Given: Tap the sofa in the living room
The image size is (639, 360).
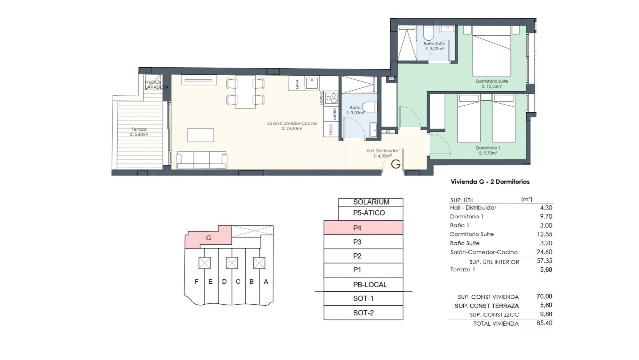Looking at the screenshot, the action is (202, 160).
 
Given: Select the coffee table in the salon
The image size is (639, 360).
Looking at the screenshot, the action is (200, 135).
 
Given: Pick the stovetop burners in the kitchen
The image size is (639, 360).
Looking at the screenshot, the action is (331, 98).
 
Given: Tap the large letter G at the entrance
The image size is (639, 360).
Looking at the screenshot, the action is (395, 164).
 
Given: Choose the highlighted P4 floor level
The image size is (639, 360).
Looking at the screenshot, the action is (363, 228).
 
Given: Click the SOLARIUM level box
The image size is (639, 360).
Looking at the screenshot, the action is (370, 202).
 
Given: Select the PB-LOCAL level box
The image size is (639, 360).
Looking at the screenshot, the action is (363, 284).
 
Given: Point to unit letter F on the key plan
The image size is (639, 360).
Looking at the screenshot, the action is (197, 282).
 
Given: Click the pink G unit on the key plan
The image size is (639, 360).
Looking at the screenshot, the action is (208, 237).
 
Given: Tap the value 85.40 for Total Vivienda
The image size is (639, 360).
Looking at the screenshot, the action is (544, 323).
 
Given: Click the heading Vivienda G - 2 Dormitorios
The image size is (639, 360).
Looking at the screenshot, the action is (490, 182).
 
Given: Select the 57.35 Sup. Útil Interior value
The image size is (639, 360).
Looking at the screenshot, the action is (544, 261).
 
